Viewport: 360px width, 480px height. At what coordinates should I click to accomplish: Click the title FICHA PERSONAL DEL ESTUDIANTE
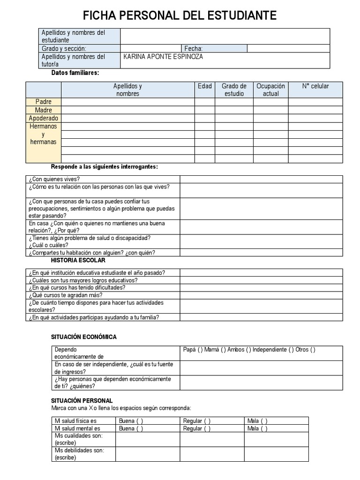coord(180,16)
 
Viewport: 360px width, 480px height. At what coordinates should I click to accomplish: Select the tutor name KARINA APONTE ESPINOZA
coord(163,57)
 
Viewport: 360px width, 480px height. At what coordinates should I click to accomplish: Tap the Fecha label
coord(193,48)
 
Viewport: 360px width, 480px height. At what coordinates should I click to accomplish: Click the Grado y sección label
coord(64,48)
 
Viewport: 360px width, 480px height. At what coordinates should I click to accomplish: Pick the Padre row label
coord(44,102)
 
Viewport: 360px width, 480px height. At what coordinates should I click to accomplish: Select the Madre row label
coord(44,110)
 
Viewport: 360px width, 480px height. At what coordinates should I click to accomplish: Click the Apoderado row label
coord(44,118)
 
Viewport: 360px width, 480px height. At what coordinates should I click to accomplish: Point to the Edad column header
coord(205,86)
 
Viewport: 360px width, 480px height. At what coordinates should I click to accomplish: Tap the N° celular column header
coord(315,86)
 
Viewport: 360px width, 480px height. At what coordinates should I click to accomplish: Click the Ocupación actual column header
coord(271,90)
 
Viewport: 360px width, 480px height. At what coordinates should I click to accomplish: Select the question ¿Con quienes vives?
coord(54,179)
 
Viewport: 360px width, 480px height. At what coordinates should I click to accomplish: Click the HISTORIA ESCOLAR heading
coord(78,260)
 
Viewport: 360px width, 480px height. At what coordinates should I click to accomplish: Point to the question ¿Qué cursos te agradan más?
coord(66,295)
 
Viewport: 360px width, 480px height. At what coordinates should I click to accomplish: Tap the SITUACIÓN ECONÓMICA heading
coord(83,337)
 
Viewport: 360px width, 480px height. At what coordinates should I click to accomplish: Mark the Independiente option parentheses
coord(291,350)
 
